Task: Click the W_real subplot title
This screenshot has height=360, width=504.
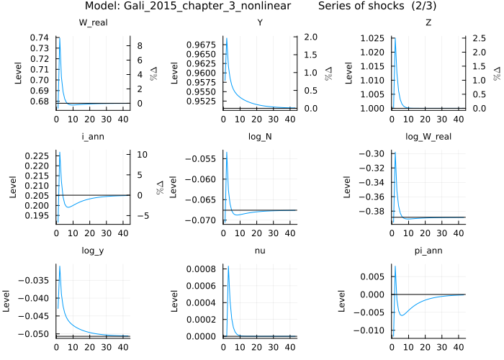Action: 93,22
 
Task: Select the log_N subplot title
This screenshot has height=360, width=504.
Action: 258,136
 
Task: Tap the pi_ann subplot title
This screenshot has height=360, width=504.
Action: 424,250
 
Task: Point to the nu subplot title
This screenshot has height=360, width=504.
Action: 258,250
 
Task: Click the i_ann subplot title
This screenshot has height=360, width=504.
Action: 93,136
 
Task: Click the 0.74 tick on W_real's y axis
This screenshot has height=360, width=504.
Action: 40,37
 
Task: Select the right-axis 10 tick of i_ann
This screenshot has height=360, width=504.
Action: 142,155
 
